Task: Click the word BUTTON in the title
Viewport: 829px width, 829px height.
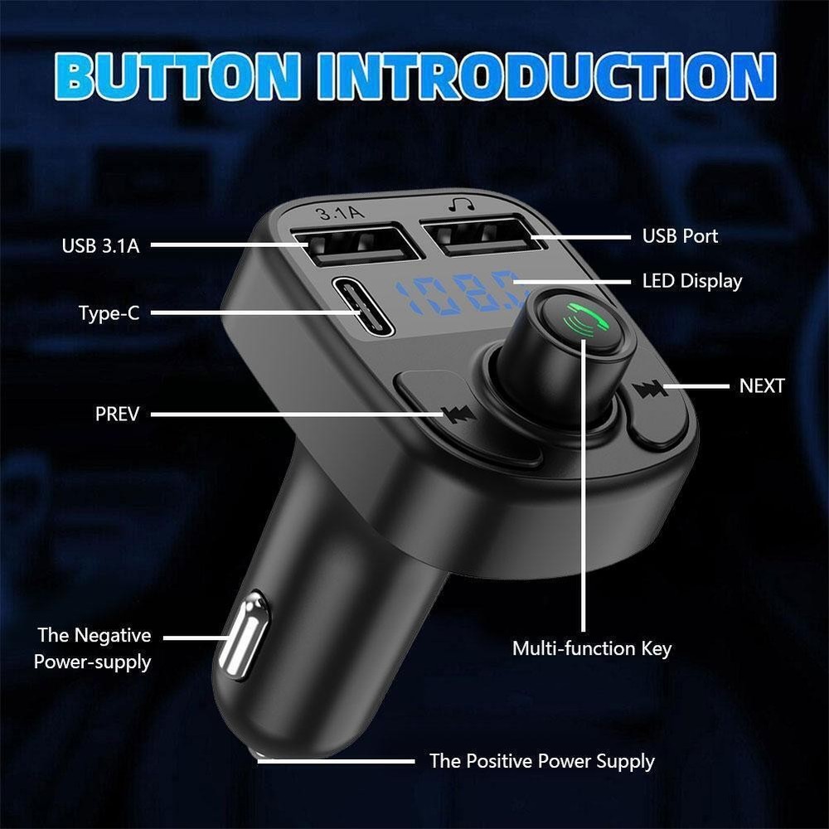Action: (179, 76)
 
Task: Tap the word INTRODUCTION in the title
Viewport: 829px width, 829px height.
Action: (545, 76)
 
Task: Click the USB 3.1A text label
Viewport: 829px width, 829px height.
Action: (100, 245)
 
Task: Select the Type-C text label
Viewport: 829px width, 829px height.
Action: (109, 313)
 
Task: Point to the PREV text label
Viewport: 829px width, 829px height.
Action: (117, 413)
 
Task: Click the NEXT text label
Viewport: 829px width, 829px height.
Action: (761, 385)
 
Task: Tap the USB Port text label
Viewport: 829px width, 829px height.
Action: (680, 236)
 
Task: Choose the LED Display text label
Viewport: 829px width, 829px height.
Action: (692, 281)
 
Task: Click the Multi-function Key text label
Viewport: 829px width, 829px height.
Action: (592, 648)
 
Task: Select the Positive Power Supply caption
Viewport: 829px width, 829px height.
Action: (541, 761)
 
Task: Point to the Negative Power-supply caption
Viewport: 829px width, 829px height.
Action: (93, 648)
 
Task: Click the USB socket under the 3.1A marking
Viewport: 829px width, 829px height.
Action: (356, 245)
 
